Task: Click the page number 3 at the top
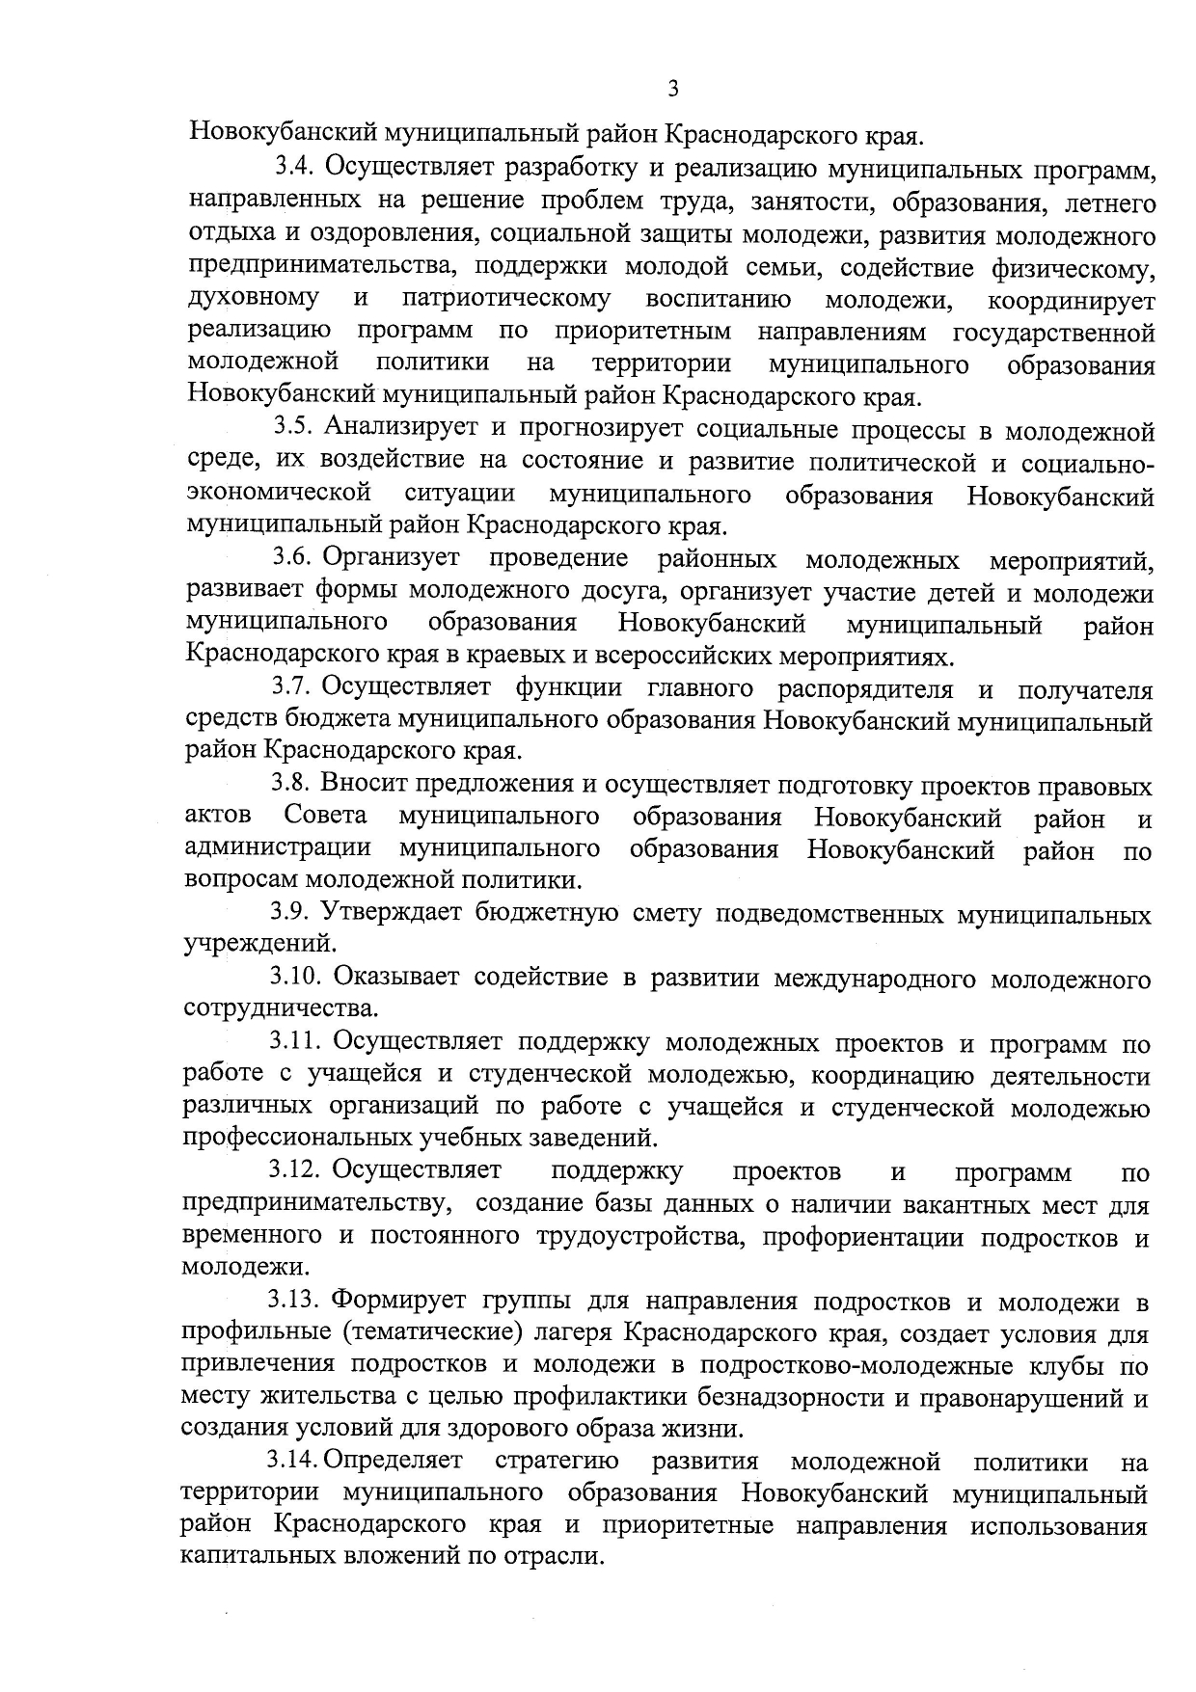click(x=673, y=90)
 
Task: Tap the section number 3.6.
click(x=292, y=557)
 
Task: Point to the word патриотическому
click(x=506, y=298)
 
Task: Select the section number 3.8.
click(x=290, y=786)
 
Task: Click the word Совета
click(x=325, y=818)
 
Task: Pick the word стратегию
click(x=557, y=1463)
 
